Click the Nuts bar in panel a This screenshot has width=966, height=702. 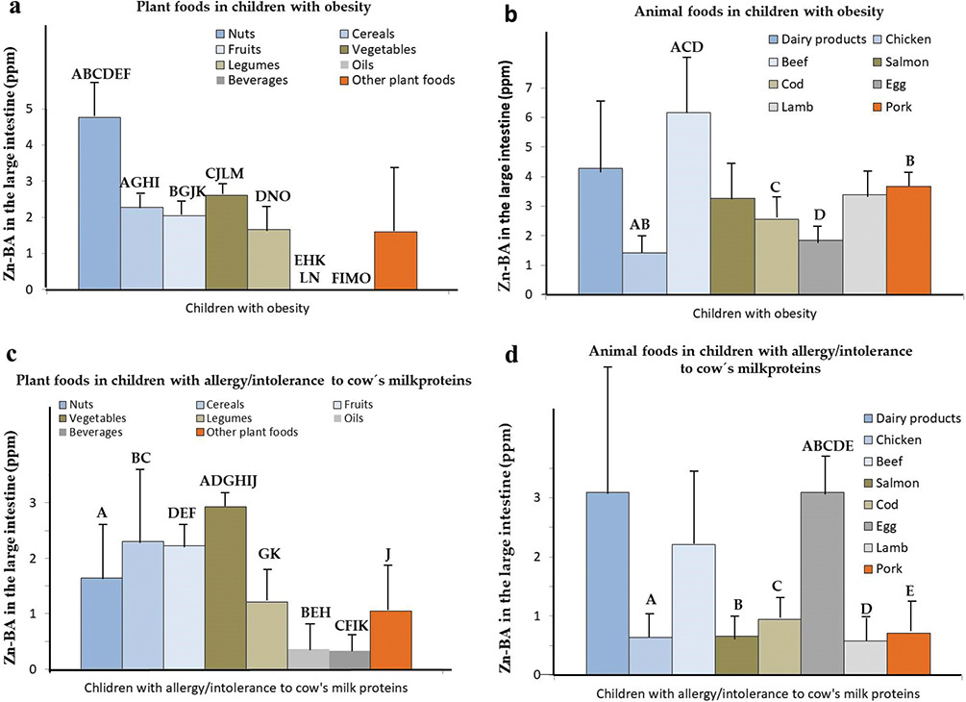pos(99,203)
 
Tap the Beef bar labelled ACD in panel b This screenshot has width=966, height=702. pos(688,203)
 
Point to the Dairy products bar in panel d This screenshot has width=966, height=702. pos(607,583)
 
